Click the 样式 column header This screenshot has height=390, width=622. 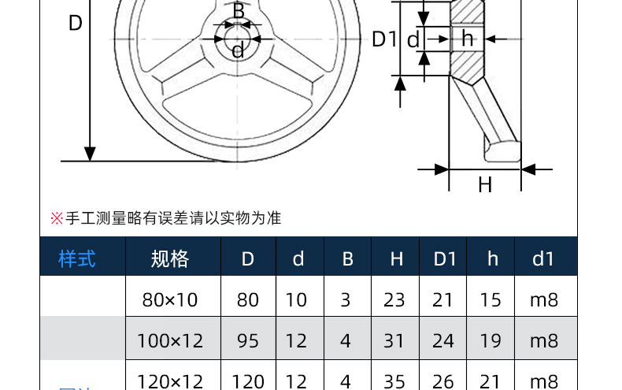77,258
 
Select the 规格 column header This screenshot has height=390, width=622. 170,258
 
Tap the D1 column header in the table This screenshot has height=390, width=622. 445,258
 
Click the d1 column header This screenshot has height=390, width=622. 543,258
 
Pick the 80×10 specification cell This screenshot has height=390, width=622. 170,299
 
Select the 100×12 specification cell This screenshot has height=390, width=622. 170,341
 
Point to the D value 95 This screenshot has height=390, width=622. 248,341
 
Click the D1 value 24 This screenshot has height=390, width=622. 444,341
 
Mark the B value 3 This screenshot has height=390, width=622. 347,299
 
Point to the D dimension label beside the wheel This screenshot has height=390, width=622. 75,24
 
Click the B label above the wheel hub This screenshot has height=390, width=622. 239,11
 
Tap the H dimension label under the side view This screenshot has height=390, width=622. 485,185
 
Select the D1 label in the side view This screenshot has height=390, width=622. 383,39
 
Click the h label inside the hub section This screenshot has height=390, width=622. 468,39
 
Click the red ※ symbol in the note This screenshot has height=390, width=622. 56,218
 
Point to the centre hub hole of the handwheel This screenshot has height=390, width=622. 238,37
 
